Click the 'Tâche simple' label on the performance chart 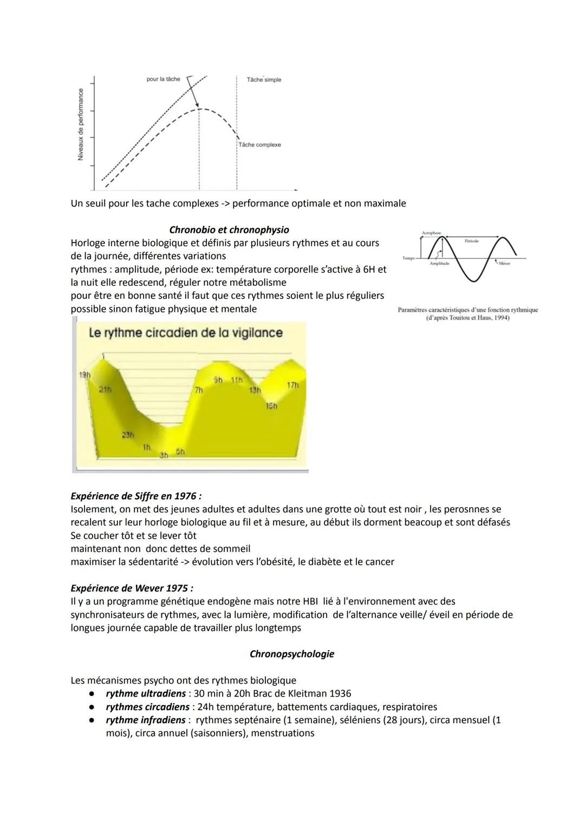(x=264, y=80)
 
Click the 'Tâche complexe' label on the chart (x=259, y=145)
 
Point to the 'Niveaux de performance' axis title (x=81, y=124)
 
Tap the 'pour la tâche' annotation (x=163, y=79)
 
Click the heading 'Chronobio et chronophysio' (x=229, y=230)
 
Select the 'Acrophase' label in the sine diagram (x=431, y=233)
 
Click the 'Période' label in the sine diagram (x=472, y=240)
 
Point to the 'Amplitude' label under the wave (x=439, y=263)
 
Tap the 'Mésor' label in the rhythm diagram (x=504, y=263)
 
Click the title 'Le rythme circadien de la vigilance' (x=185, y=332)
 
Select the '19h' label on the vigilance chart (x=85, y=375)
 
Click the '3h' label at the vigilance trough (x=164, y=456)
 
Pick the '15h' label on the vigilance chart (x=271, y=406)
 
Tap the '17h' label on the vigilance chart (x=292, y=385)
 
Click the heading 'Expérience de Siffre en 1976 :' (x=136, y=496)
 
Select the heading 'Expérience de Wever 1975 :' (x=132, y=588)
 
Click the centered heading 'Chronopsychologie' (x=292, y=654)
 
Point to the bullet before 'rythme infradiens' (x=93, y=720)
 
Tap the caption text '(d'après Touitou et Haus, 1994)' (x=467, y=318)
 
